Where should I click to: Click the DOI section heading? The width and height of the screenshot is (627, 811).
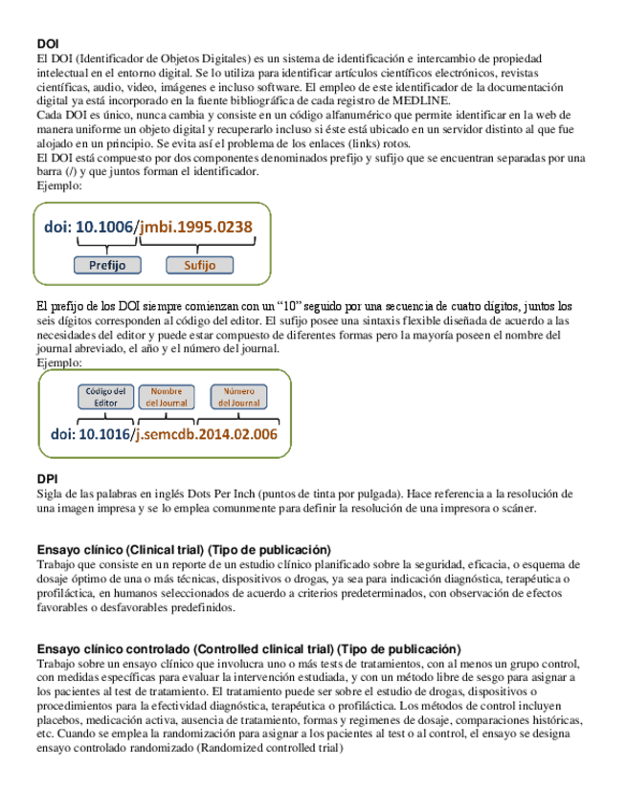pyautogui.click(x=48, y=44)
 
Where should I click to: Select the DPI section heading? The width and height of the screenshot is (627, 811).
pyautogui.click(x=47, y=479)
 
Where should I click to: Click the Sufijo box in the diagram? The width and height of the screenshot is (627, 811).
pyautogui.click(x=199, y=265)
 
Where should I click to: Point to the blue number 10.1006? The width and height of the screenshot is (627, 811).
pyautogui.click(x=106, y=228)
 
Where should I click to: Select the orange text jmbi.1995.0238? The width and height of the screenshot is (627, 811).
pyautogui.click(x=196, y=228)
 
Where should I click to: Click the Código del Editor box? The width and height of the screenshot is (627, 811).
pyautogui.click(x=105, y=397)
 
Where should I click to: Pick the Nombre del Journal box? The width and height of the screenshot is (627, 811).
pyautogui.click(x=167, y=397)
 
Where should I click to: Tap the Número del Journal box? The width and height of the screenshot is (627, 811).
pyautogui.click(x=239, y=397)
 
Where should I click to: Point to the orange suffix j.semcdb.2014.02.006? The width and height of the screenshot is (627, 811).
pyautogui.click(x=206, y=434)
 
